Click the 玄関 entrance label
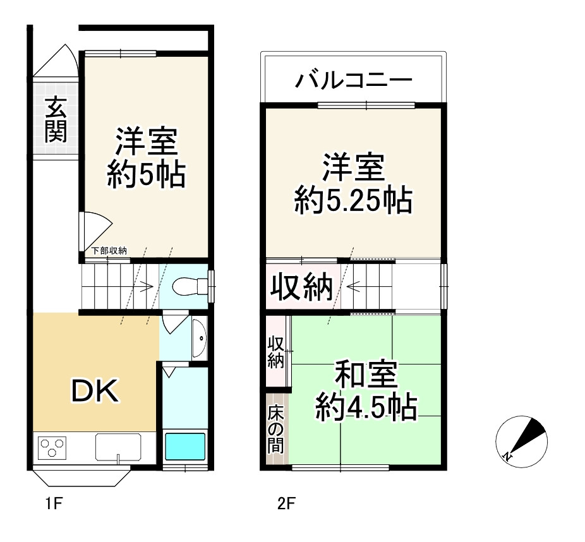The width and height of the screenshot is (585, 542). point(56,121)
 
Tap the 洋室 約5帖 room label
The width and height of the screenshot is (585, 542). point(146,158)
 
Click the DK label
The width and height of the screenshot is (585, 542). point(93,392)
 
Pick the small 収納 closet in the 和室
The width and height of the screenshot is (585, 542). point(276,352)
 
